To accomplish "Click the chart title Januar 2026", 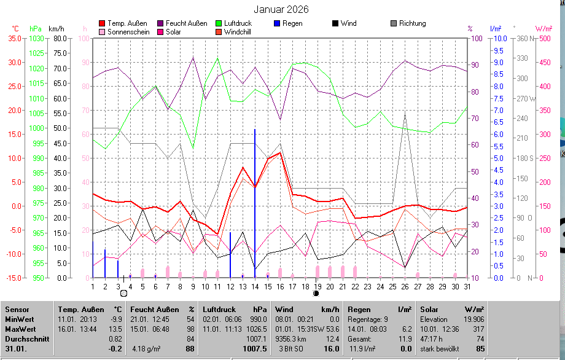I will [x=281, y=10].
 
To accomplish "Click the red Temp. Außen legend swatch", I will [x=102, y=23].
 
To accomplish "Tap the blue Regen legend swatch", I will [x=277, y=23].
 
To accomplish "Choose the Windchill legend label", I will [x=241, y=32].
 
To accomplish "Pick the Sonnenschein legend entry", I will [x=128, y=32].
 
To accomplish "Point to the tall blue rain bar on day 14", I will [x=255, y=203].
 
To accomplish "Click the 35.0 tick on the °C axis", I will [x=14, y=38].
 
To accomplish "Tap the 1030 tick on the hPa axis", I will [x=36, y=38].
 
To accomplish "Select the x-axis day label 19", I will [x=318, y=286].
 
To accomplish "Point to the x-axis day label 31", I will [x=467, y=286].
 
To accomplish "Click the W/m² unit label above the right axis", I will [x=543, y=28].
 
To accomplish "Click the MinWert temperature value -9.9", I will [x=116, y=319].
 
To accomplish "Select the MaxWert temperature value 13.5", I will [x=116, y=329].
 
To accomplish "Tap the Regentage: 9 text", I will [x=369, y=319].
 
